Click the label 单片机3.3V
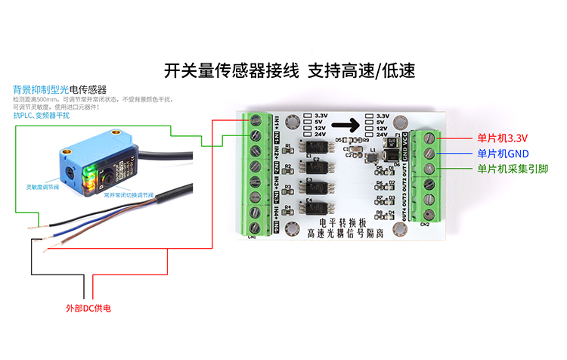501,138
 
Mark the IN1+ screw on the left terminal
256,120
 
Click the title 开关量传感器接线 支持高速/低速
290,71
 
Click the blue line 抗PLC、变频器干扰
42,115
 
